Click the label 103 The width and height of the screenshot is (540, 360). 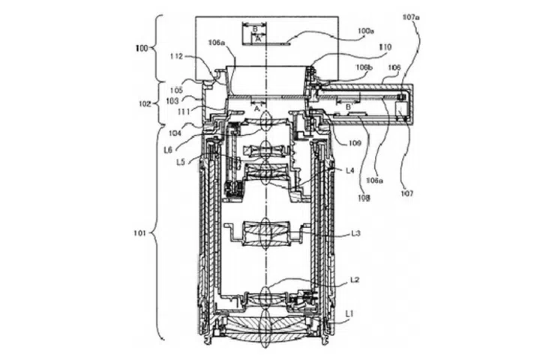[x=172, y=100]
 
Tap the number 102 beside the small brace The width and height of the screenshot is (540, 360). [x=145, y=105]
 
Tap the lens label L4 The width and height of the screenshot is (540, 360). [x=350, y=170]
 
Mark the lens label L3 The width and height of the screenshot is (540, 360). [x=358, y=233]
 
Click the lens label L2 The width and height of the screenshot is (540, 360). [x=356, y=280]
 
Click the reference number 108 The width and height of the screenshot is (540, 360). [x=364, y=199]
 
